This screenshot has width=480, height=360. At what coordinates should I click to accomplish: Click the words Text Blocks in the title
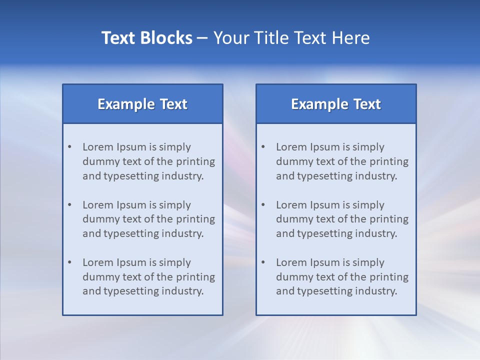click(146, 38)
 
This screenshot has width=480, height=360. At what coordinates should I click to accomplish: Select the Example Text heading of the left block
click(142, 104)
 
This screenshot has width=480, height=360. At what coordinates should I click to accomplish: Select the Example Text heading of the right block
click(336, 104)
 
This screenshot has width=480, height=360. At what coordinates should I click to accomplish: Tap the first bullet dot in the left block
click(69, 147)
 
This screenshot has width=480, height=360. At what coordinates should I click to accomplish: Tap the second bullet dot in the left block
click(69, 205)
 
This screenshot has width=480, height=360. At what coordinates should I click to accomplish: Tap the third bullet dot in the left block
click(69, 262)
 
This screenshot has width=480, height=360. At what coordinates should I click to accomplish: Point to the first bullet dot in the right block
click(263, 147)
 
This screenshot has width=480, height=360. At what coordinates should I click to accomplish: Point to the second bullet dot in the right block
click(263, 205)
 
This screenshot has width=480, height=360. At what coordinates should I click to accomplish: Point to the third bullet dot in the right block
click(263, 262)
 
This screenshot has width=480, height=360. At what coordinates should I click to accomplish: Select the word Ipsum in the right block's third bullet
click(325, 262)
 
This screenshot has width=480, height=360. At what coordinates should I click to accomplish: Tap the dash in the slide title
click(202, 38)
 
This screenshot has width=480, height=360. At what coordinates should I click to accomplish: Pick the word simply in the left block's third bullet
click(176, 262)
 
